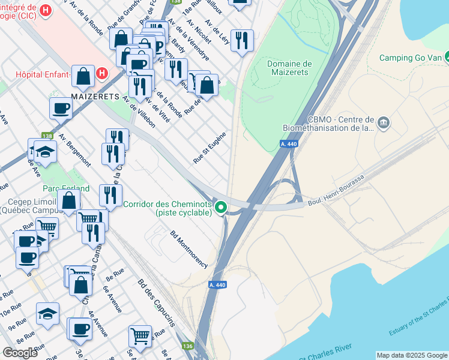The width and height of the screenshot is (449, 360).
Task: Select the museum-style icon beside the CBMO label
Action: pos(384,124)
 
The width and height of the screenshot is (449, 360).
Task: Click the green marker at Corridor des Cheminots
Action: pos(221,208)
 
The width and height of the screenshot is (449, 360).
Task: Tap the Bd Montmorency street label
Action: pos(189,249)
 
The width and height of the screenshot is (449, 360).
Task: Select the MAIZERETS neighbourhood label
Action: pos(94,96)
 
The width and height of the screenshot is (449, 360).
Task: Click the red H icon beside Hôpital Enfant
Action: pos(102,74)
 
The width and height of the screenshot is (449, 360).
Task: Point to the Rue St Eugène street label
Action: pos(209,148)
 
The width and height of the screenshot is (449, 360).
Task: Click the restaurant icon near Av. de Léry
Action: pos(242,41)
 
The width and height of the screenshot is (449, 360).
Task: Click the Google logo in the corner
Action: pos(20,353)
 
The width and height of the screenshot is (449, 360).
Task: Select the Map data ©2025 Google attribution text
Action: pos(412,355)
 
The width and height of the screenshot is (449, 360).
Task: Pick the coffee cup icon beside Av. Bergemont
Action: pos(61,109)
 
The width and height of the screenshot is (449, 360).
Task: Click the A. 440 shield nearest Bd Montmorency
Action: pos(218,284)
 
